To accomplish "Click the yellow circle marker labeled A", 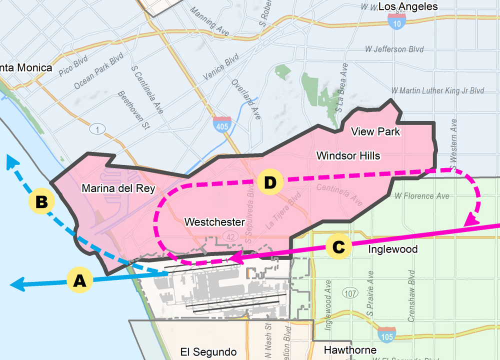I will pyautogui.click(x=79, y=281).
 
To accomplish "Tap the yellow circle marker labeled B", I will pyautogui.click(x=41, y=202).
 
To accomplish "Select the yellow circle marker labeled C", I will pyautogui.click(x=338, y=246).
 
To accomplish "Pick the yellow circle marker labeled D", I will pyautogui.click(x=270, y=182).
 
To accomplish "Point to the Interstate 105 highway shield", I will pyautogui.click(x=385, y=332).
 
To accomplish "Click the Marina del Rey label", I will pyautogui.click(x=118, y=188).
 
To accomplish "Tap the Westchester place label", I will pyautogui.click(x=214, y=221).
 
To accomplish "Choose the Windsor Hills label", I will pyautogui.click(x=348, y=155).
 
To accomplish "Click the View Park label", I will pyautogui.click(x=375, y=132).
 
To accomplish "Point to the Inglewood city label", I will pyautogui.click(x=392, y=249).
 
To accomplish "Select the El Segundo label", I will pyautogui.click(x=208, y=352).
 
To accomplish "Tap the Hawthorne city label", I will pyautogui.click(x=350, y=350).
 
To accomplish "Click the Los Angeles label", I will pyautogui.click(x=407, y=6).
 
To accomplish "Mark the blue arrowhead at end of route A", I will pyautogui.click(x=15, y=285).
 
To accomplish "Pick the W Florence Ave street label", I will pyautogui.click(x=421, y=196).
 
